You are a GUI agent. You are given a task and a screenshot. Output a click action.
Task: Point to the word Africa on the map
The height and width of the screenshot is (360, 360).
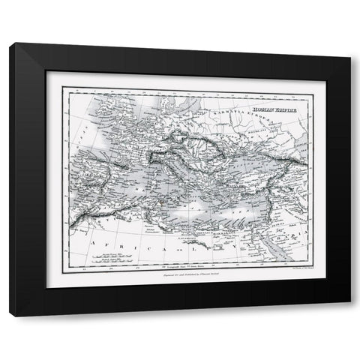pos(120,244)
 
